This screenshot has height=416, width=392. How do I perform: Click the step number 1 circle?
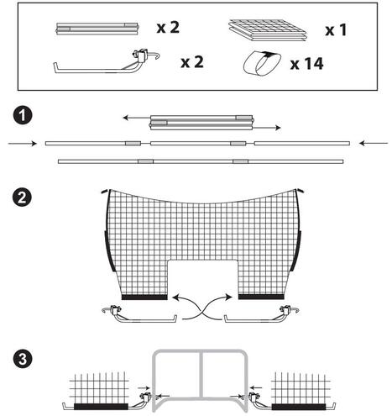click(x=23, y=116)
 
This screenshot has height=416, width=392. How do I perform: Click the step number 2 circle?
click(x=23, y=197)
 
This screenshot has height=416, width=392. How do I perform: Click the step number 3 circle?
click(x=23, y=359)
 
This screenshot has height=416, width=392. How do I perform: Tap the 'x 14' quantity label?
click(x=307, y=64)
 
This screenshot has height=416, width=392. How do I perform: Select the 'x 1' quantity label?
click(x=336, y=29)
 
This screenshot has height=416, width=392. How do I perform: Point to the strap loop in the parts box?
click(x=262, y=64)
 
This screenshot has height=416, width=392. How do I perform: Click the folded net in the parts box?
click(x=268, y=29)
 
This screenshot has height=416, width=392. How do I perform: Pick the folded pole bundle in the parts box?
click(x=97, y=29)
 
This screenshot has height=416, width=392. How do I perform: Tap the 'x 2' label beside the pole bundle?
click(x=168, y=28)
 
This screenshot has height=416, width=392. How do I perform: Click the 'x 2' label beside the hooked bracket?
click(x=192, y=62)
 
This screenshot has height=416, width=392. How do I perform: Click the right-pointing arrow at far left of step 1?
click(x=23, y=144)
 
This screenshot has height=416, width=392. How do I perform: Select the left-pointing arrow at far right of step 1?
click(x=374, y=143)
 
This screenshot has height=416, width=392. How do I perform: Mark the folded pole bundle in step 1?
click(x=201, y=123)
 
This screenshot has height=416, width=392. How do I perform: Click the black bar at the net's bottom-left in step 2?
click(x=144, y=298)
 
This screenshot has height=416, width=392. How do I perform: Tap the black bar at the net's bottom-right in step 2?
click(x=261, y=297)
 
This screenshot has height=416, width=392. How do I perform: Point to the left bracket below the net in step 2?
click(x=139, y=315)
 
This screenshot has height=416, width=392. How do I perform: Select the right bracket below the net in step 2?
click(x=262, y=315)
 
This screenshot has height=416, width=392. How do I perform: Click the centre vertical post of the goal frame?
click(x=201, y=374)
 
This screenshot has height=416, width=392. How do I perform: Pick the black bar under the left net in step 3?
click(x=101, y=407)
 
